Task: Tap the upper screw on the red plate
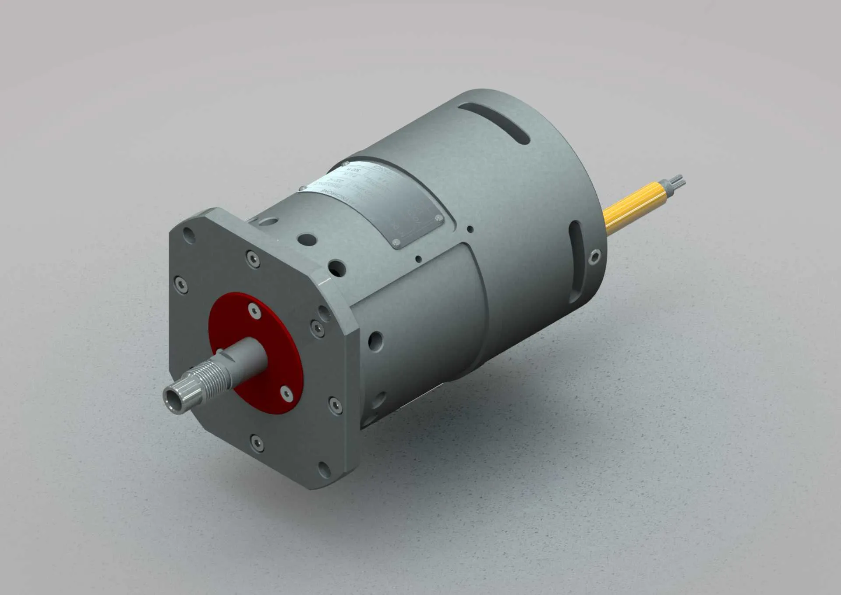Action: (x=254, y=310)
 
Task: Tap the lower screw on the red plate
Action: (x=286, y=393)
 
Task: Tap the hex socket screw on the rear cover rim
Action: (x=594, y=257)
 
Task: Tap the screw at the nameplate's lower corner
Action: (x=396, y=242)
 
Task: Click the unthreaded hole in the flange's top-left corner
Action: (x=189, y=235)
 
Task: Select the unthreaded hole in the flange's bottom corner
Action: (x=324, y=470)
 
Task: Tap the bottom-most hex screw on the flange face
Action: (x=257, y=442)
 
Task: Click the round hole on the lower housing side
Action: (x=375, y=340)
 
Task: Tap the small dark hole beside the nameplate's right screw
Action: (x=470, y=229)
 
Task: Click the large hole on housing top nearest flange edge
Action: (x=337, y=267)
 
